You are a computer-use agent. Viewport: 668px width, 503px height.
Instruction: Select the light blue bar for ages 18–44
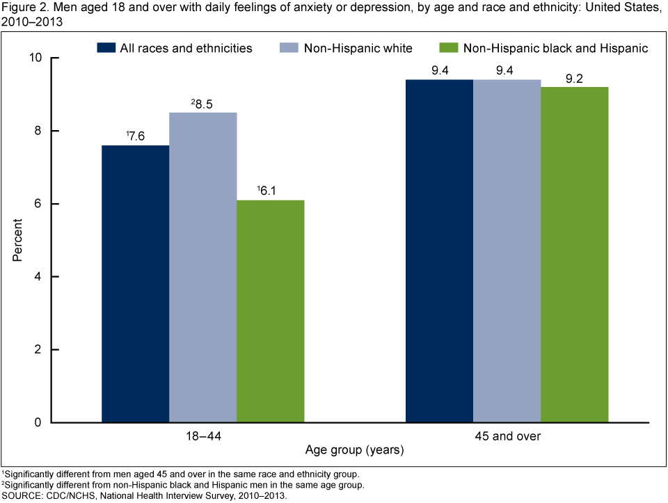tap(202, 267)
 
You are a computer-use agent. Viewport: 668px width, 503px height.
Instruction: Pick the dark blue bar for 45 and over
tap(439, 250)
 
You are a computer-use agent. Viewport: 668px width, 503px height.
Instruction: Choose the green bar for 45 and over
tap(574, 255)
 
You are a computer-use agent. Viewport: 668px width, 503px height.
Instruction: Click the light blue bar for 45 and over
tap(507, 250)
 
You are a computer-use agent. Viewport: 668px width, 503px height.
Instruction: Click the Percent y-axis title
tap(18, 240)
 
